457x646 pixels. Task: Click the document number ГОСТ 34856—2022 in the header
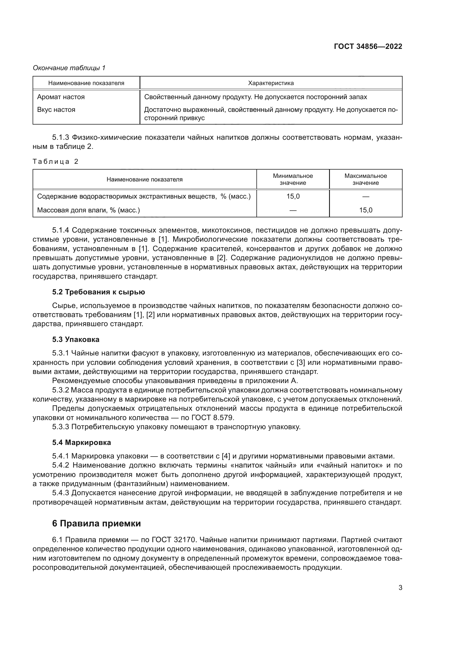tap(368, 46)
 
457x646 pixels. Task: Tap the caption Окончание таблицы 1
tap(69, 68)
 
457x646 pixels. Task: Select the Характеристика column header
tap(271, 83)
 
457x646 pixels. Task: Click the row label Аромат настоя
tap(61, 97)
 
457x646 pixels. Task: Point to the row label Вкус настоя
tap(56, 110)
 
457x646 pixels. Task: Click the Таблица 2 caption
tap(56, 162)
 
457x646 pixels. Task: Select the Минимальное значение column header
tap(293, 179)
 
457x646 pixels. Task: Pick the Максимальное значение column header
tap(366, 179)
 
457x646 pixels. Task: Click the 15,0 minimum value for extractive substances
tap(293, 196)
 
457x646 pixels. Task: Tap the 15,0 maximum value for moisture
tap(366, 210)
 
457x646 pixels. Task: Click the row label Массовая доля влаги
tap(88, 210)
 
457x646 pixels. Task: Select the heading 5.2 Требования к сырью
tap(98, 292)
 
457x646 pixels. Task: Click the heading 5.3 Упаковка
tap(76, 340)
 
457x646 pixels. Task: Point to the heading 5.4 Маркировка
tap(81, 442)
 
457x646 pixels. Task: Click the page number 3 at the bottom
tap(400, 588)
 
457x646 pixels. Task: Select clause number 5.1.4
tap(61, 230)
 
